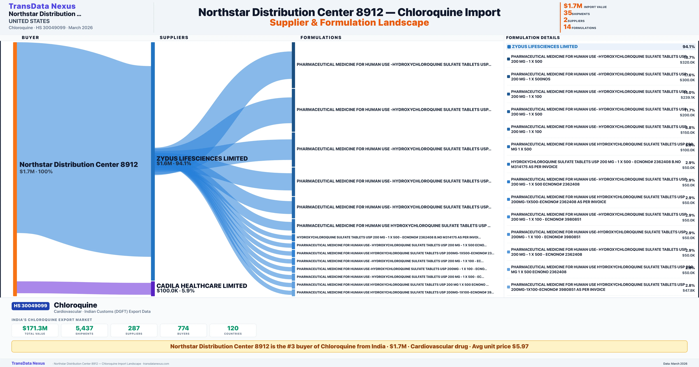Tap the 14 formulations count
[x=567, y=27]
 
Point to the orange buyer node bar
[x=15, y=168]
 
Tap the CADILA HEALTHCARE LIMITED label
[x=202, y=286]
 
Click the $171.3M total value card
[x=35, y=330]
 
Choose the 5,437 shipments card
[x=84, y=330]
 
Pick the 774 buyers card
[x=183, y=330]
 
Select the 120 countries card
[x=233, y=330]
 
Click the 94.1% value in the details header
[x=688, y=47]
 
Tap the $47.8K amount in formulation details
[x=688, y=290]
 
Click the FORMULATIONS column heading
[x=321, y=37]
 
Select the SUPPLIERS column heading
[x=174, y=37]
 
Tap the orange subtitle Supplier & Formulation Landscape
[x=349, y=23]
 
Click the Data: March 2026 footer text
[x=675, y=364]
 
